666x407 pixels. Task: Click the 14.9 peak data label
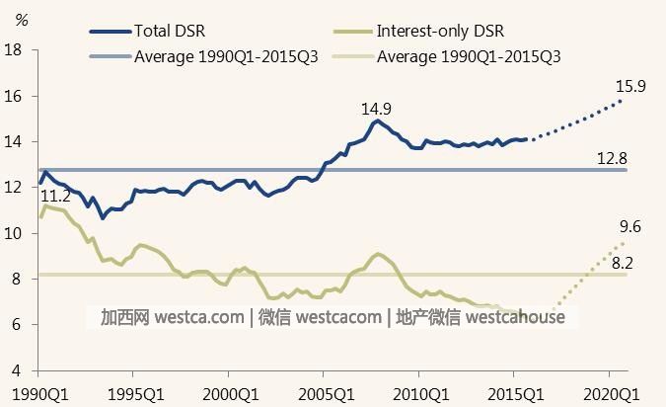379,107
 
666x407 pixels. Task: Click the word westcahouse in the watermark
515,317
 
